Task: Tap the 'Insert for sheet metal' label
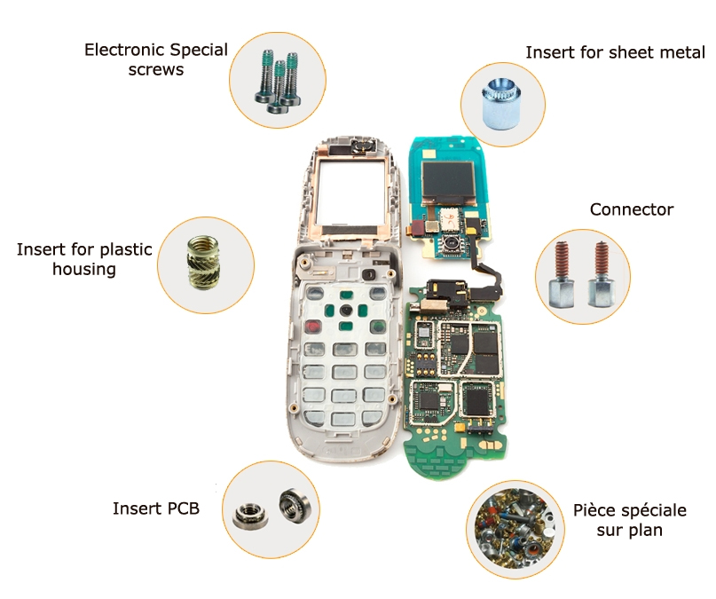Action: coord(615,52)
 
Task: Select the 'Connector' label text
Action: coord(632,209)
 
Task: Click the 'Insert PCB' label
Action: coord(156,508)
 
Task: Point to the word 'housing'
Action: coord(84,270)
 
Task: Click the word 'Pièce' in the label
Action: coord(594,510)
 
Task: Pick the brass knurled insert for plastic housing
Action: coord(203,263)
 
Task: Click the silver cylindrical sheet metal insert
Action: coord(500,104)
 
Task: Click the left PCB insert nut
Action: coord(250,516)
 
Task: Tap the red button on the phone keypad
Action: coord(313,327)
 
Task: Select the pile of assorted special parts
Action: coord(515,530)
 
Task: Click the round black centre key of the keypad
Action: coord(346,311)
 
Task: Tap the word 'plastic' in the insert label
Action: coord(126,249)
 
